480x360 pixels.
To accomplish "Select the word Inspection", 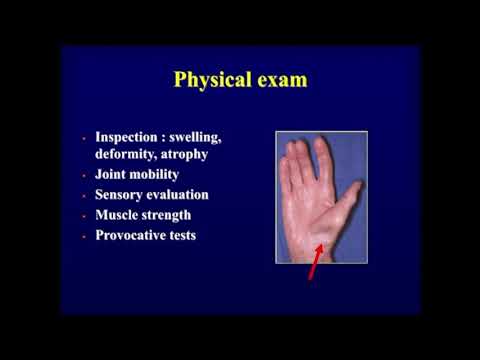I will (129, 136).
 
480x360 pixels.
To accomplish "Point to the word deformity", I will (129, 154).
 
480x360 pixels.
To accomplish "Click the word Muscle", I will (119, 214).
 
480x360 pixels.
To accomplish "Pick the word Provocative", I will (135, 234).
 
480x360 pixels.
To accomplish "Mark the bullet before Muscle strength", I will (84, 215).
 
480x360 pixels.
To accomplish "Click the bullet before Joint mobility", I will (84, 175).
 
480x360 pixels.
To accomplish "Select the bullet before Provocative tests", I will (84, 235).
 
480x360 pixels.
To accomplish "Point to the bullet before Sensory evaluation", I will (84, 195).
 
